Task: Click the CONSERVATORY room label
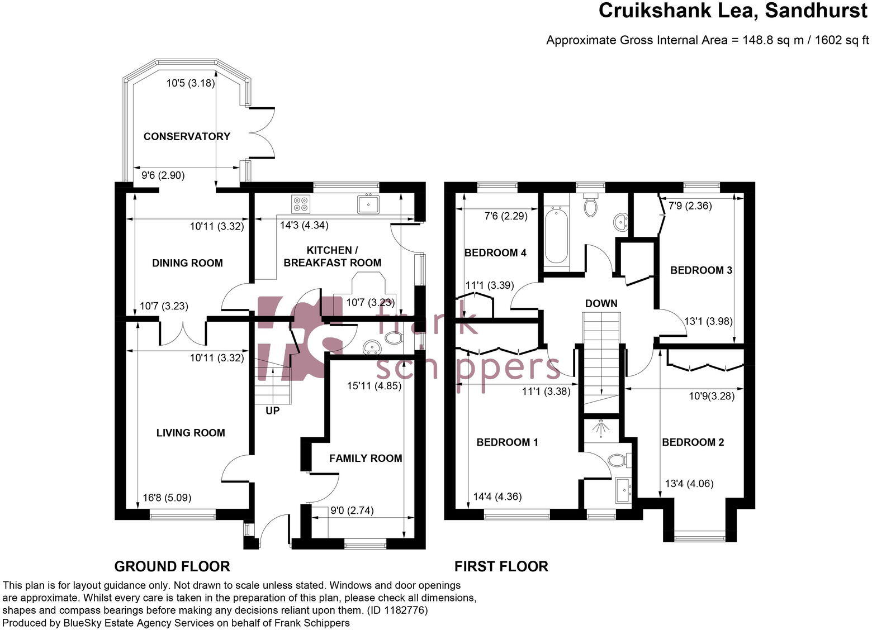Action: [187, 136]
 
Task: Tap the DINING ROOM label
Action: [187, 263]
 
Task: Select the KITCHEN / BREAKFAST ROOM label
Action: [333, 256]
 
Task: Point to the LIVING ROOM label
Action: [191, 433]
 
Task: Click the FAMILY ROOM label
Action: [366, 459]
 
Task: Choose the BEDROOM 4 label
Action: [495, 253]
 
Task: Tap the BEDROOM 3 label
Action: [701, 270]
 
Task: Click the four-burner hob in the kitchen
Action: [300, 204]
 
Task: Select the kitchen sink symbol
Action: [368, 204]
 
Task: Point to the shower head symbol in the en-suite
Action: [600, 428]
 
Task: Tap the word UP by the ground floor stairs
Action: [272, 411]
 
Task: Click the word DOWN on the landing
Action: [601, 304]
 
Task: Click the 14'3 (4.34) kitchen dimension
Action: [304, 226]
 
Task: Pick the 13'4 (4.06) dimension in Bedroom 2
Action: [689, 484]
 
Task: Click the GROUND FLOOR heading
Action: [172, 567]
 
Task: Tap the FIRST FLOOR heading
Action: [501, 567]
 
